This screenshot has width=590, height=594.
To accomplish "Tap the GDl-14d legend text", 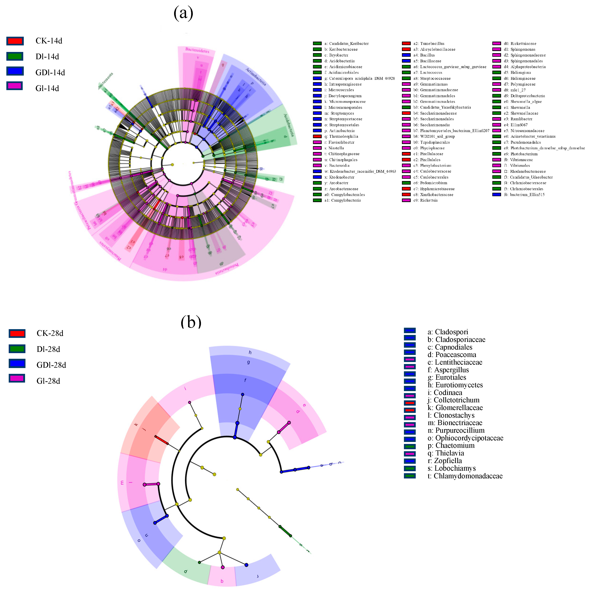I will [50, 72].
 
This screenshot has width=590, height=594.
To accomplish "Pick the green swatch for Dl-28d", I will [17, 349].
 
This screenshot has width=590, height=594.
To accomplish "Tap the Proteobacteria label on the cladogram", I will [227, 269].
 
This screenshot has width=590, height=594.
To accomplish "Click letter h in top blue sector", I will [250, 352].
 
